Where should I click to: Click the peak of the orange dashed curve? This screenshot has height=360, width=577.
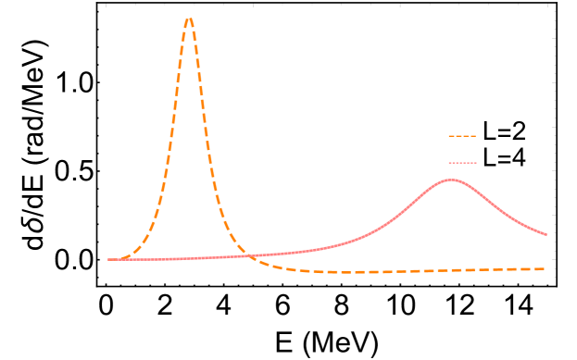189,18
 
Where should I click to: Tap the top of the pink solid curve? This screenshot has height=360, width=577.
451,180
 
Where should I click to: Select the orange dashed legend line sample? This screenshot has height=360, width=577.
462,136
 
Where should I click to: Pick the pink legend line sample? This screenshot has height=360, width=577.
462,163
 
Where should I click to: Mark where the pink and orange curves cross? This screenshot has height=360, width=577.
248,256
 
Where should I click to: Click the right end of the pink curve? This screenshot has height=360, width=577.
546,235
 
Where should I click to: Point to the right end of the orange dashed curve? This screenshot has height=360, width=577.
545,269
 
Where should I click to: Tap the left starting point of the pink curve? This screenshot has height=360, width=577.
109,259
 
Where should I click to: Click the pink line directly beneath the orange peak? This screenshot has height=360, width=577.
189,258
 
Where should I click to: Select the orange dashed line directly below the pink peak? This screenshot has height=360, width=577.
451,270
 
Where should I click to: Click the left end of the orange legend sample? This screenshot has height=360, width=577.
449,136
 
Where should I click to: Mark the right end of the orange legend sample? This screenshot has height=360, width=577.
475,136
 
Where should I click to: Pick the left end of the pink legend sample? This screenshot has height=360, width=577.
449,163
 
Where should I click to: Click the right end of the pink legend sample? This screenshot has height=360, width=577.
476,163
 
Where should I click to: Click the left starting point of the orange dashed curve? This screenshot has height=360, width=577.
109,259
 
